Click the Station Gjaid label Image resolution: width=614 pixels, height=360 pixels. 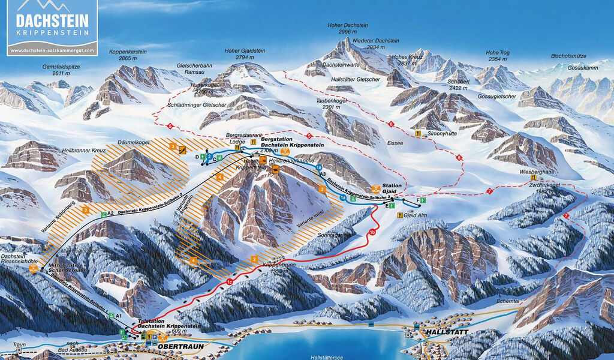tap(392, 188)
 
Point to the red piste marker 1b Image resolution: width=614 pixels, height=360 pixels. tap(372, 232)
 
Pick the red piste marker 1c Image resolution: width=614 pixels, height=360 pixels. tap(230, 282)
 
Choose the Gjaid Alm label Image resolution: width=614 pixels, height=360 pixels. tap(415, 215)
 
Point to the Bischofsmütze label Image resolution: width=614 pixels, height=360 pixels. tap(569, 56)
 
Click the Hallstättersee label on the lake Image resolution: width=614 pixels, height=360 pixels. tap(326, 356)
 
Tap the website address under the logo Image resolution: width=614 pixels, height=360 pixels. tap(52, 50)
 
